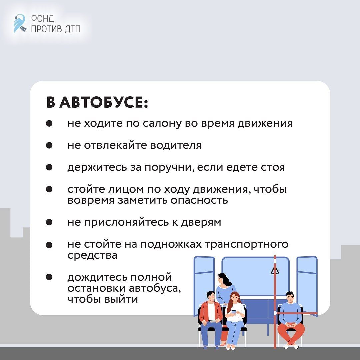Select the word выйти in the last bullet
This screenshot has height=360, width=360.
121,299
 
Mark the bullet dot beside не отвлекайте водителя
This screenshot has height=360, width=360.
49,145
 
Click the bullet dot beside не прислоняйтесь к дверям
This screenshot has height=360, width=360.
49,222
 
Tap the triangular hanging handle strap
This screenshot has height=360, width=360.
275,270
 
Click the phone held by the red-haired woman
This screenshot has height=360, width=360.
233,312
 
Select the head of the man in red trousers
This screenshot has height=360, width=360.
290,296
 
